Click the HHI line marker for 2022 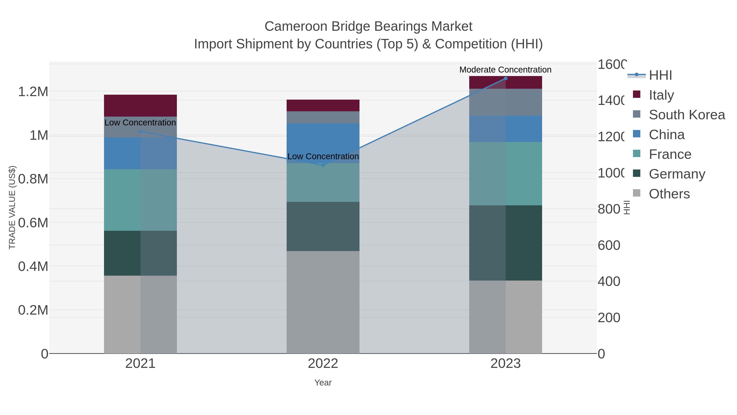[323, 165]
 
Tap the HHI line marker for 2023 [505, 78]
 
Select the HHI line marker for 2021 [140, 131]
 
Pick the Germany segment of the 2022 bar [323, 226]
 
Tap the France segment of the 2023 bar [505, 174]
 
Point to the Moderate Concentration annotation [505, 70]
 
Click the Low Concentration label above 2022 [323, 156]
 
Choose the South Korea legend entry [687, 115]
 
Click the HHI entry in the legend [660, 75]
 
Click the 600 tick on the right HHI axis [609, 246]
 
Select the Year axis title [323, 383]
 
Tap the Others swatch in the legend [636, 193]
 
